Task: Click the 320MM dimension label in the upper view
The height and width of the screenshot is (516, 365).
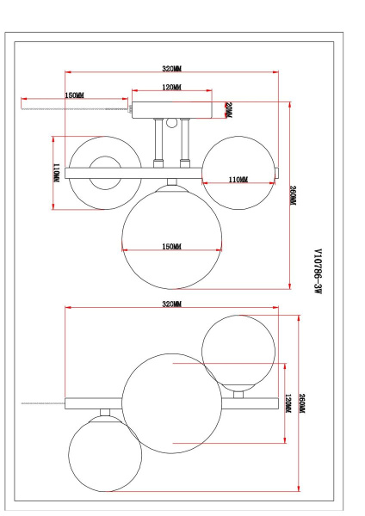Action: (x=171, y=69)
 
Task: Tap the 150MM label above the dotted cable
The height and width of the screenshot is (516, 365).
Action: (x=74, y=95)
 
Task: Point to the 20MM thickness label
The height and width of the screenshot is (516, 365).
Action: (x=228, y=110)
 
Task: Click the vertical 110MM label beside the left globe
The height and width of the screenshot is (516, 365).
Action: (x=56, y=173)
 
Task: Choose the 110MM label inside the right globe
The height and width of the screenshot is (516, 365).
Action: (x=238, y=180)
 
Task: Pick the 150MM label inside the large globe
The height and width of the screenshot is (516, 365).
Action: (x=171, y=248)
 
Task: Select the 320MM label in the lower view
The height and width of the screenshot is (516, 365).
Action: (x=171, y=304)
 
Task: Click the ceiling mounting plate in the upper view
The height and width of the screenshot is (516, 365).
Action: (x=171, y=109)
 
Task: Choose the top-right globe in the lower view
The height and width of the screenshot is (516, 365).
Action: (x=238, y=351)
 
